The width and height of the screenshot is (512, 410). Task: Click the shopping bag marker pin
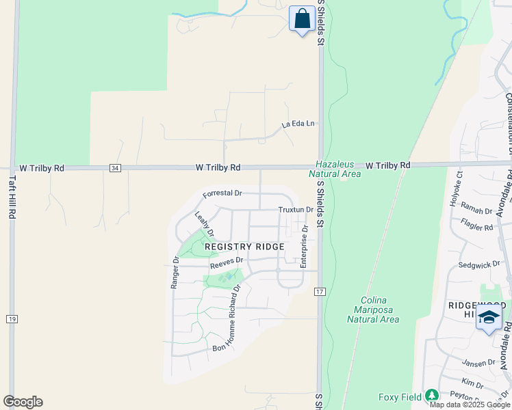click(x=302, y=19)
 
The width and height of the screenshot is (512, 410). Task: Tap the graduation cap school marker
click(x=489, y=318)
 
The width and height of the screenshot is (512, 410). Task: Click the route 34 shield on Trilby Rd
click(x=115, y=167)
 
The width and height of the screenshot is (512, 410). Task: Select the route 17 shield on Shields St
click(x=319, y=292)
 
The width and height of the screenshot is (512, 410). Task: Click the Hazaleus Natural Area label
click(x=338, y=169)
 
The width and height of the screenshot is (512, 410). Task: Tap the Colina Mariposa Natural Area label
click(x=372, y=310)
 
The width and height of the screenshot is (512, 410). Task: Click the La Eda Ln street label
click(x=298, y=124)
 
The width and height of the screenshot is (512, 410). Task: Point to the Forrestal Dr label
click(x=223, y=194)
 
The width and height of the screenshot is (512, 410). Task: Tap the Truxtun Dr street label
click(x=296, y=210)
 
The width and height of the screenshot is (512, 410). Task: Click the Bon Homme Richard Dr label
click(x=228, y=318)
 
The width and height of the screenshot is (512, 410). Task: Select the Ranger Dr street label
click(x=175, y=272)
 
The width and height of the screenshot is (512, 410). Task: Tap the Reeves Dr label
click(x=227, y=262)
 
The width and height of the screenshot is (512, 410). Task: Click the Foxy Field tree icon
click(x=431, y=396)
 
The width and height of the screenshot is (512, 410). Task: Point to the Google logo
click(x=23, y=401)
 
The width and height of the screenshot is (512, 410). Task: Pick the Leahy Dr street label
click(x=204, y=223)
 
